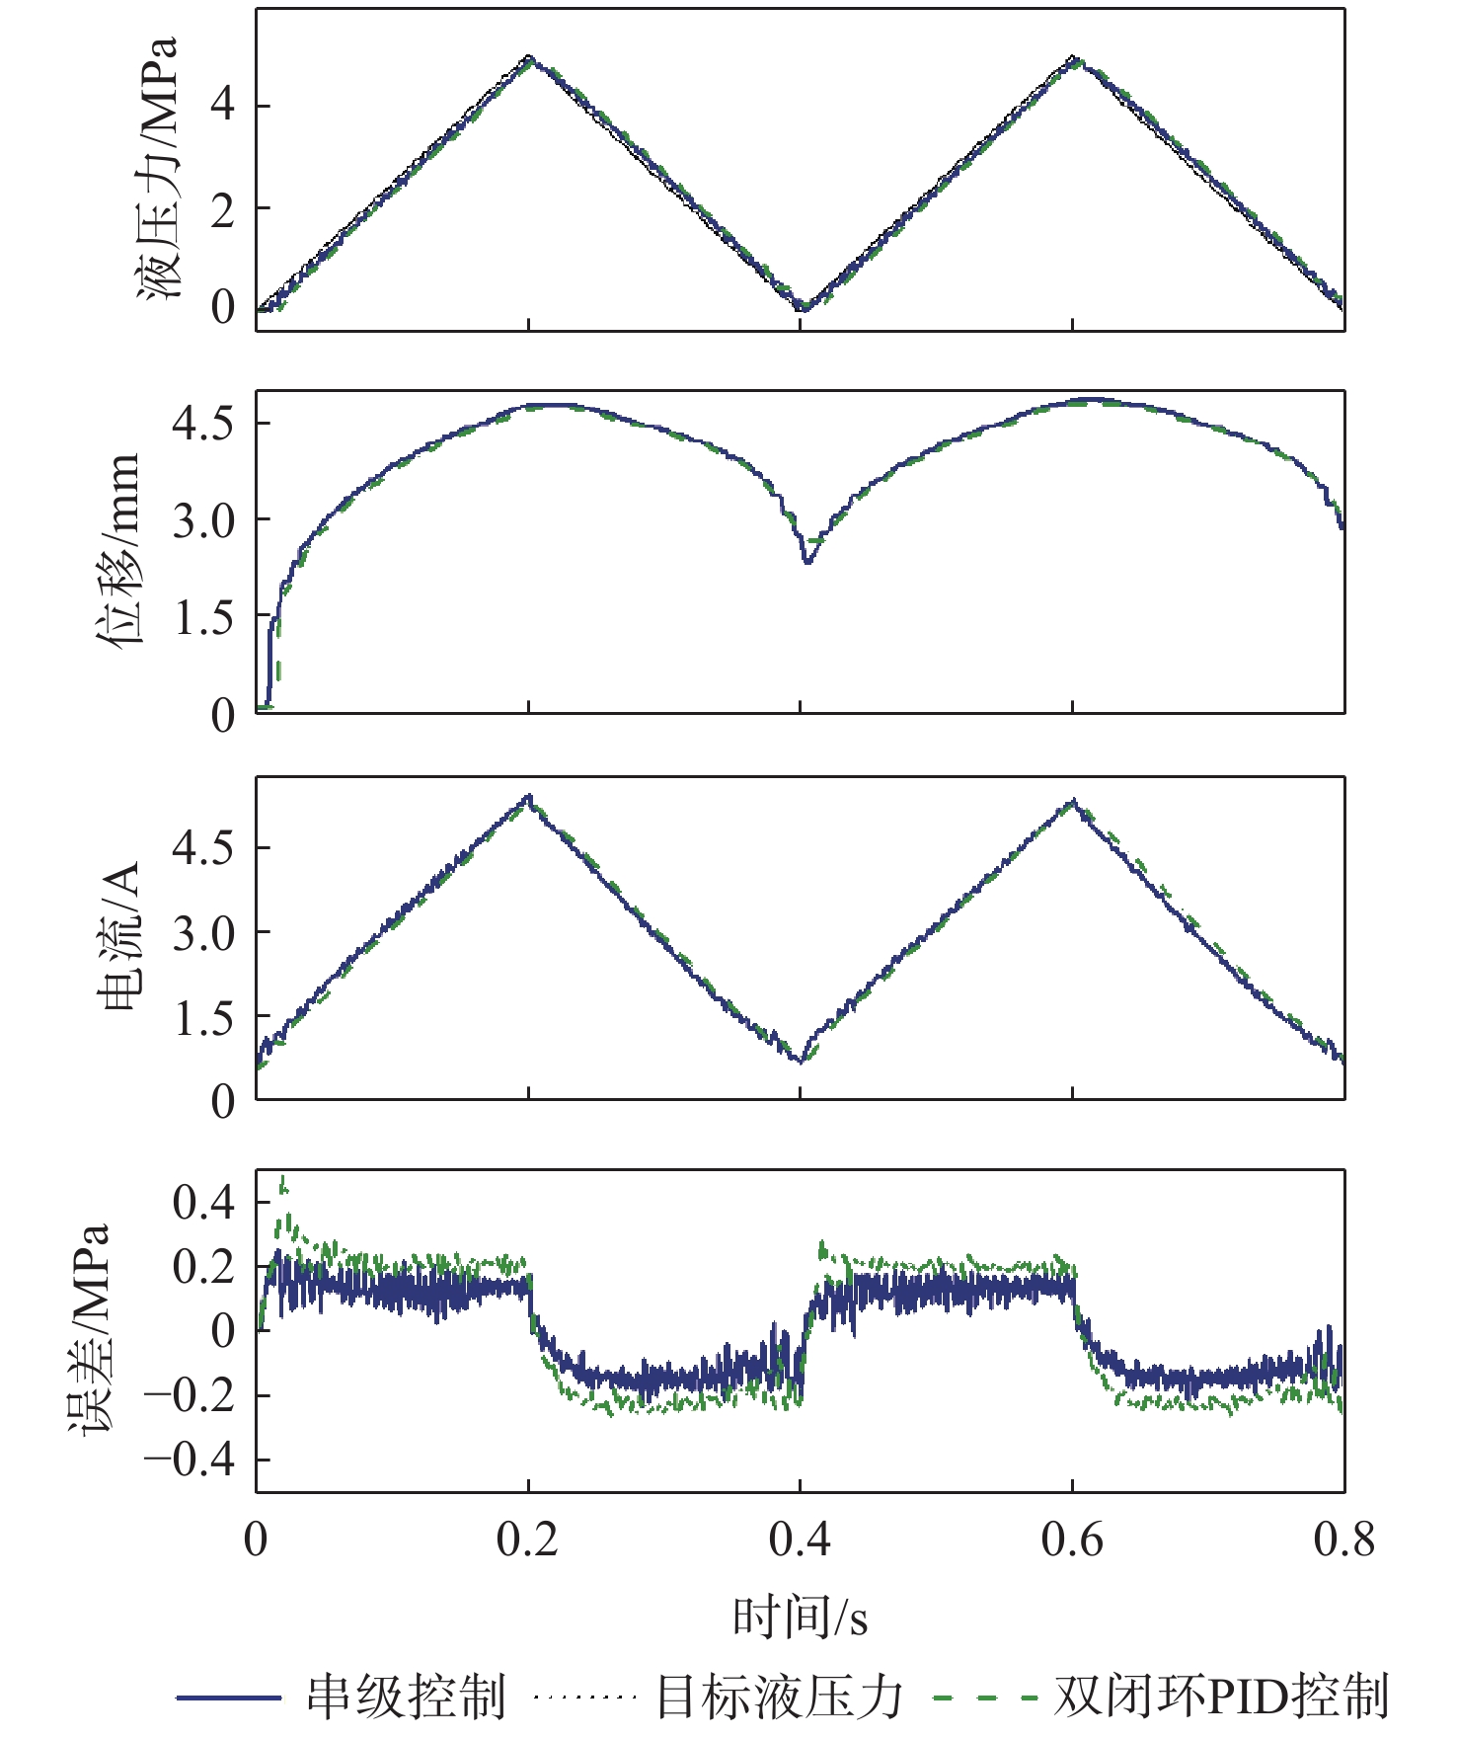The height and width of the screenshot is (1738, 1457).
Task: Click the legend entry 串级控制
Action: (405, 1697)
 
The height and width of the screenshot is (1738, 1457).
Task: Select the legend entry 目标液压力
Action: (780, 1697)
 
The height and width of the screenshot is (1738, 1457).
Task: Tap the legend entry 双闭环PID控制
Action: (1221, 1697)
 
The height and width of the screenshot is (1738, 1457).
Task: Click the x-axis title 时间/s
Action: (800, 1618)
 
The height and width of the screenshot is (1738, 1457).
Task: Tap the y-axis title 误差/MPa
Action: (89, 1328)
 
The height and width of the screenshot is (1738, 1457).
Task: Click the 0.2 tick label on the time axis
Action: (527, 1540)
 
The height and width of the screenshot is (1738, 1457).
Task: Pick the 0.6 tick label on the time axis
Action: (1072, 1540)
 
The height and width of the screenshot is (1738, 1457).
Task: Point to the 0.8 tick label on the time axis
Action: (1343, 1540)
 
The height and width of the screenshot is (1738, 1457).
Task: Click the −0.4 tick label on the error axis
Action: (190, 1460)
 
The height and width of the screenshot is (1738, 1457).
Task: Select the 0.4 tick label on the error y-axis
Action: (203, 1202)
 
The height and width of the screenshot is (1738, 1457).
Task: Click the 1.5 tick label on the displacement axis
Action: (203, 618)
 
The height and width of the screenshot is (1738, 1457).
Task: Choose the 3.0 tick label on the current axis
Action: (203, 933)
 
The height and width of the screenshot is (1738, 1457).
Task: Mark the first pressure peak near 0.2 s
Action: (529, 57)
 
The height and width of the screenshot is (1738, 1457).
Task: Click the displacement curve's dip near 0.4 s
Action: (807, 561)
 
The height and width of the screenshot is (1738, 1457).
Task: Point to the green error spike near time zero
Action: (284, 1181)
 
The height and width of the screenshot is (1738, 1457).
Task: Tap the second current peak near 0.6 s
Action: (1073, 801)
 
